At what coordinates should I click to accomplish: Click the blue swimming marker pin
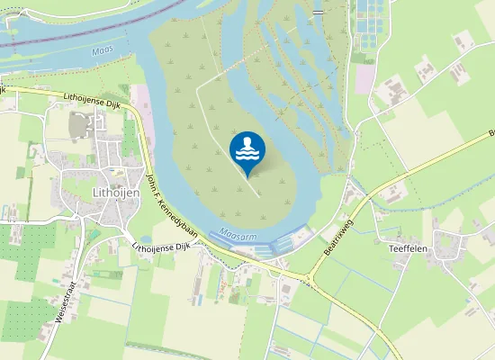click(x=247, y=150)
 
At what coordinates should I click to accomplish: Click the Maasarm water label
click(x=238, y=231)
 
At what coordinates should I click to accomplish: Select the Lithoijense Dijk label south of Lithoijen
click(x=164, y=244)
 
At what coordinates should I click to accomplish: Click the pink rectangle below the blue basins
click(x=364, y=78)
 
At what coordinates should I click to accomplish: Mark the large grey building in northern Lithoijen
click(x=82, y=126)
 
